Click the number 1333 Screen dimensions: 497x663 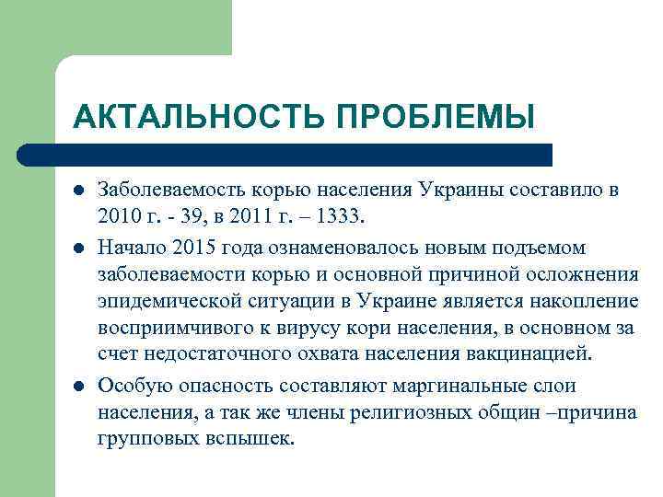pos(342,218)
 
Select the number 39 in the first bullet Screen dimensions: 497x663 pos(189,218)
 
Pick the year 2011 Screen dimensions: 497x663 pos(247,218)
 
